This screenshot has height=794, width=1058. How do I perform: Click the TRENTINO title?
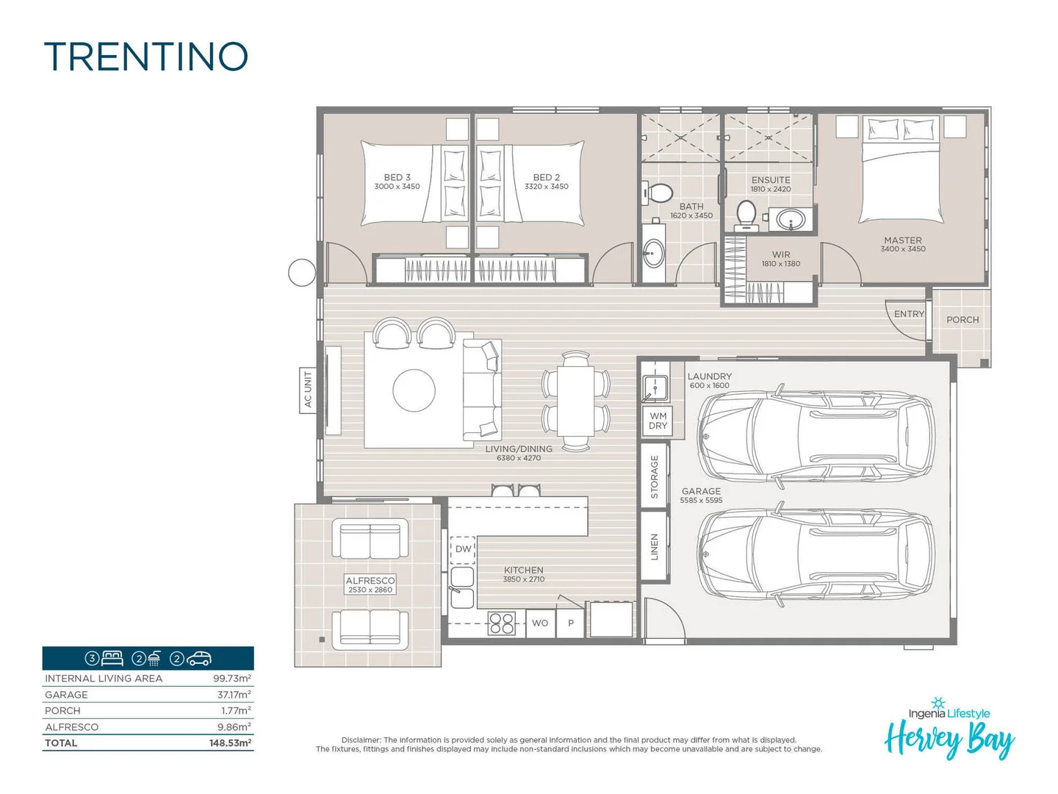[146, 57]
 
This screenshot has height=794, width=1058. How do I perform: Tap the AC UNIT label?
[308, 390]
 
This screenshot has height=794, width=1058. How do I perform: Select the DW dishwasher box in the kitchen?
[463, 549]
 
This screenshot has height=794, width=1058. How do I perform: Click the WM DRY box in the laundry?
[658, 421]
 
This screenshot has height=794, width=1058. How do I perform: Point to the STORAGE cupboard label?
[655, 476]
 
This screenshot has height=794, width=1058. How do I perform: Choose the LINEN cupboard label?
[655, 547]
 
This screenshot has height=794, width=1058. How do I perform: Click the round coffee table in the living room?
[414, 390]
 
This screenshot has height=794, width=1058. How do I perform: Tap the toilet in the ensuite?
[746, 215]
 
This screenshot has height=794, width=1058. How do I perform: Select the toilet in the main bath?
[658, 193]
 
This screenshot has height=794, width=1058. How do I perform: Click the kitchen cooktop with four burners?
[502, 623]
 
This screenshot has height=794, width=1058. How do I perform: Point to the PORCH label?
[962, 320]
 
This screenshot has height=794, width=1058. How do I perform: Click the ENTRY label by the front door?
[909, 314]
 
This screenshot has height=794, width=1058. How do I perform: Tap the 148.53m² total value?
[230, 743]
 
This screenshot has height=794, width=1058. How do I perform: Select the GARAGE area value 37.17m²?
[234, 695]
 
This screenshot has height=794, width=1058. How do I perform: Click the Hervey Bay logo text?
[949, 739]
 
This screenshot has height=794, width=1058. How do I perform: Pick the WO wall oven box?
[540, 623]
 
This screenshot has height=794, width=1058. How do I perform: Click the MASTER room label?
[903, 240]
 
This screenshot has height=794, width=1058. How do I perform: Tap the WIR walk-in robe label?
[781, 255]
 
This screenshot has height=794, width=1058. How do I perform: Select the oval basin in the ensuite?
[791, 219]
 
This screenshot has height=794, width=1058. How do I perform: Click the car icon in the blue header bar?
[199, 659]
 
